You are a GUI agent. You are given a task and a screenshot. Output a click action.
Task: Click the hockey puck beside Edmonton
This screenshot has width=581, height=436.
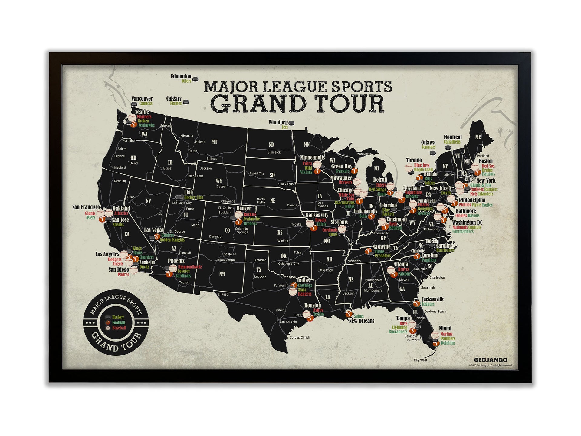coord(195,79)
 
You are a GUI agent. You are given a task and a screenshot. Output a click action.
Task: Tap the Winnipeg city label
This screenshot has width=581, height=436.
coord(278,122)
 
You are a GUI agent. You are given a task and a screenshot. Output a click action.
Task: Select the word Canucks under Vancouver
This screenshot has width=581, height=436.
coord(146,104)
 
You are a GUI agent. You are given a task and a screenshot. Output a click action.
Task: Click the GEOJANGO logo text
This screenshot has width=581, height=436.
coord(490,360)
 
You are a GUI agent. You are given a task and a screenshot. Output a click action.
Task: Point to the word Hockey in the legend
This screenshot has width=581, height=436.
coord(118,317)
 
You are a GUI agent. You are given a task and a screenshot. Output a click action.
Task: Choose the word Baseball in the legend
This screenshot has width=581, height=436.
coord(119,328)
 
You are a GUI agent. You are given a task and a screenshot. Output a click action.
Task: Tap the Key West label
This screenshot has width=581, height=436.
coord(420,360)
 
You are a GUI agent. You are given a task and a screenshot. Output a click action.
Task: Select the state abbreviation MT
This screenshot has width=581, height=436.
coord(214,142)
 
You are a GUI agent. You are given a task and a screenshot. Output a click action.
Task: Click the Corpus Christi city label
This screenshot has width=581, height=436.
coord(300,337)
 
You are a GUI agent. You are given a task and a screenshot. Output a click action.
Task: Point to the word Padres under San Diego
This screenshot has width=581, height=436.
coord(123,275)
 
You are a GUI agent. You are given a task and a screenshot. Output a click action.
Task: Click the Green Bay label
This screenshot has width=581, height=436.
coord(342,166)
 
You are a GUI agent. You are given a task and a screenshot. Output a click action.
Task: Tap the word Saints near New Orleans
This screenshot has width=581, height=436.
coord(359,316)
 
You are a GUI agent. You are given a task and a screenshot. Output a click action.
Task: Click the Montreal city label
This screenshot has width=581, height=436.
coord(452,137)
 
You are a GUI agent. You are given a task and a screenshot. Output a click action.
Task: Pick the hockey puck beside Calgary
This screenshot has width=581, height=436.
coord(186,102)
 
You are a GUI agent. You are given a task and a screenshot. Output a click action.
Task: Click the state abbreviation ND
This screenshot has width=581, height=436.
coord(271,145)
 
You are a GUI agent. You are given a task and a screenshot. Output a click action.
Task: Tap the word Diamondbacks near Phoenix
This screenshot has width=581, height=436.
coord(190,267)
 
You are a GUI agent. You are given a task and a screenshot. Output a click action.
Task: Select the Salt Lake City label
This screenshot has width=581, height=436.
coord(182,203)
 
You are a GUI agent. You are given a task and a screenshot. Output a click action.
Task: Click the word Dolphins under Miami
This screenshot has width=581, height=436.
coord(448,343)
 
